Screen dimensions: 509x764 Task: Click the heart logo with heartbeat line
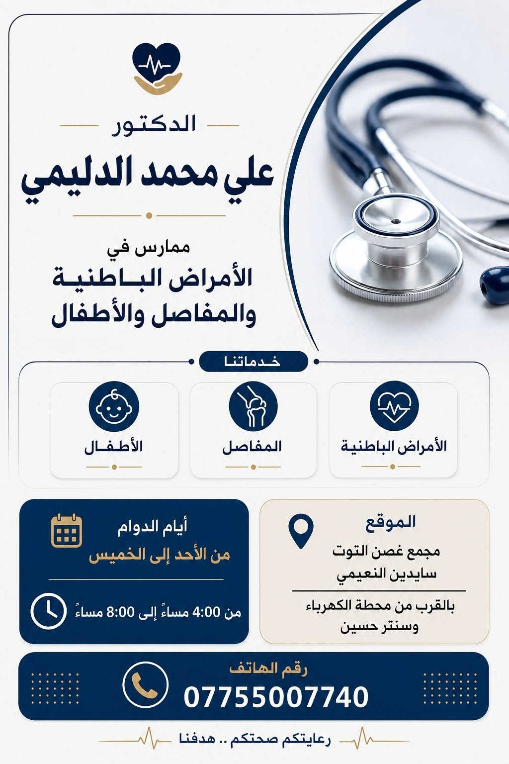[x=157, y=68]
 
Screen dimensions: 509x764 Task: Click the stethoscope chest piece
[x=396, y=249]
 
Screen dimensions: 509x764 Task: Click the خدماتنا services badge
[x=253, y=362]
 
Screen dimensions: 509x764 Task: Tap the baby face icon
[x=114, y=406]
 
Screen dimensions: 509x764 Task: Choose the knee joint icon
[x=253, y=406]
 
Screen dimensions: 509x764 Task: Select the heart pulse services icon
[x=394, y=406]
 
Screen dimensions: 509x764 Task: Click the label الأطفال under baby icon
[x=113, y=447]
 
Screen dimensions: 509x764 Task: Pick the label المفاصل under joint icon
[x=252, y=447]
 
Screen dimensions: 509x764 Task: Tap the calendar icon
[x=67, y=531]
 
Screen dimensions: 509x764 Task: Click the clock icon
[x=48, y=611]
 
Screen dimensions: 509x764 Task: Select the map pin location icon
[x=301, y=531]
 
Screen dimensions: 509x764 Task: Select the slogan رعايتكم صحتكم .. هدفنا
[x=255, y=740]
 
